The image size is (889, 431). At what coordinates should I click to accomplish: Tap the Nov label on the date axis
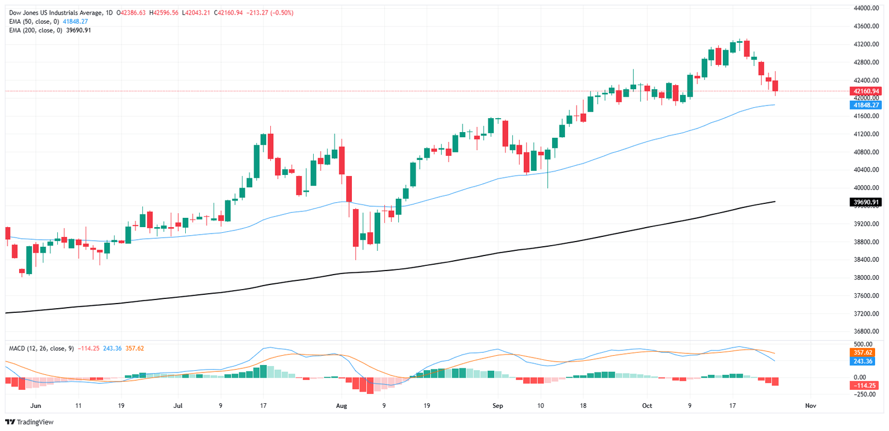(810, 406)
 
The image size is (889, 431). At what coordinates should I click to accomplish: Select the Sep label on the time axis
(498, 406)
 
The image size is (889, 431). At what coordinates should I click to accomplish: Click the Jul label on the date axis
(178, 406)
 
